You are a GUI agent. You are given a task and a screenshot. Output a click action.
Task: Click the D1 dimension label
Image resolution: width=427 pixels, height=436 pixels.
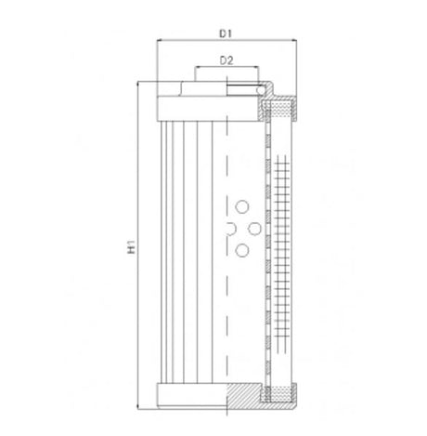pos(225,33)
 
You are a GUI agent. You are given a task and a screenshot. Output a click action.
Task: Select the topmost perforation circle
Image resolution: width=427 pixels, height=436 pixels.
pos(243,206)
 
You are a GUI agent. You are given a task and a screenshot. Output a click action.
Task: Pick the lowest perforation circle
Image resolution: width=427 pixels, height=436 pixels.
pos(243,249)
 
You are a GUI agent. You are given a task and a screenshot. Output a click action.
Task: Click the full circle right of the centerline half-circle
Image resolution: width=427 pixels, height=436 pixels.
pos(255,228)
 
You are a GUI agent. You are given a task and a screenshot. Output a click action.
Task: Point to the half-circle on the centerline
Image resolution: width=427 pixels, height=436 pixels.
pos(229,228)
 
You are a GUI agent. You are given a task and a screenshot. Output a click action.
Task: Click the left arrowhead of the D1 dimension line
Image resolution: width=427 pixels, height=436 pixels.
pos(161,42)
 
